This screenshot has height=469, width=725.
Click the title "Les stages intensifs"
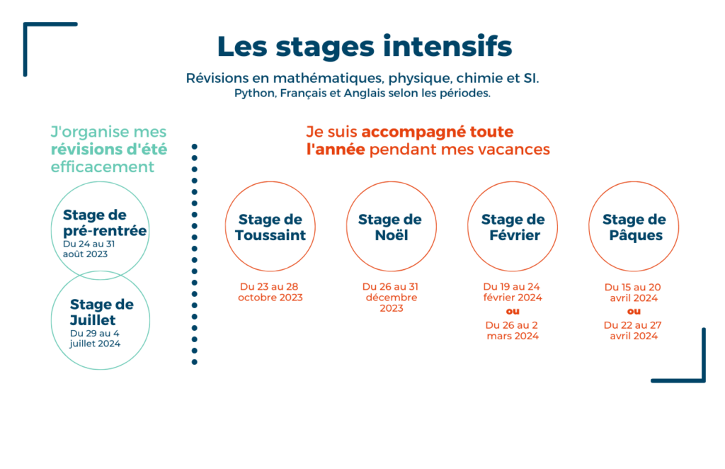pos(365,47)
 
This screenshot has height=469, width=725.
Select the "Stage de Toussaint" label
pos(270,227)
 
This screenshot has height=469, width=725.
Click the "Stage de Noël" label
pos(391,227)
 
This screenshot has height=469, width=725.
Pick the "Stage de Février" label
pos(513,227)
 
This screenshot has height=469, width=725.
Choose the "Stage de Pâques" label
pos(634,227)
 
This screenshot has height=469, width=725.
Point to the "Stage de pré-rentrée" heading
pos(105,222)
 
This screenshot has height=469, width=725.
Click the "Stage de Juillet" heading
pos(102,312)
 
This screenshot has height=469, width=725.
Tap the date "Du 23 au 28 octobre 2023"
pos(270,292)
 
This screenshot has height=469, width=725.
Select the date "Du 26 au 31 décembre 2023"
pos(391,298)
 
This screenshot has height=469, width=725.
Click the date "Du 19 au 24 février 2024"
pos(513,292)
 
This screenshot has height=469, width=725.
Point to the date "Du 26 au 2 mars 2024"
pos(513,330)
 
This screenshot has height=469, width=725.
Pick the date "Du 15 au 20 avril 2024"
pos(634,293)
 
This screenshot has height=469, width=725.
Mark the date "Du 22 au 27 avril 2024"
pos(634,330)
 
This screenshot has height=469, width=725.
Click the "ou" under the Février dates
pos(513,311)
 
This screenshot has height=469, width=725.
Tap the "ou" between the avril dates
pos(634,311)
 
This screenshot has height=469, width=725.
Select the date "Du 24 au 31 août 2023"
pos(89,249)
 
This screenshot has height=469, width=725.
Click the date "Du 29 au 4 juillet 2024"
pos(96,338)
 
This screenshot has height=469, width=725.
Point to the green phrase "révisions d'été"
pos(109,149)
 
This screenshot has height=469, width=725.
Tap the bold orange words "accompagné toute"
pos(438,132)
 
